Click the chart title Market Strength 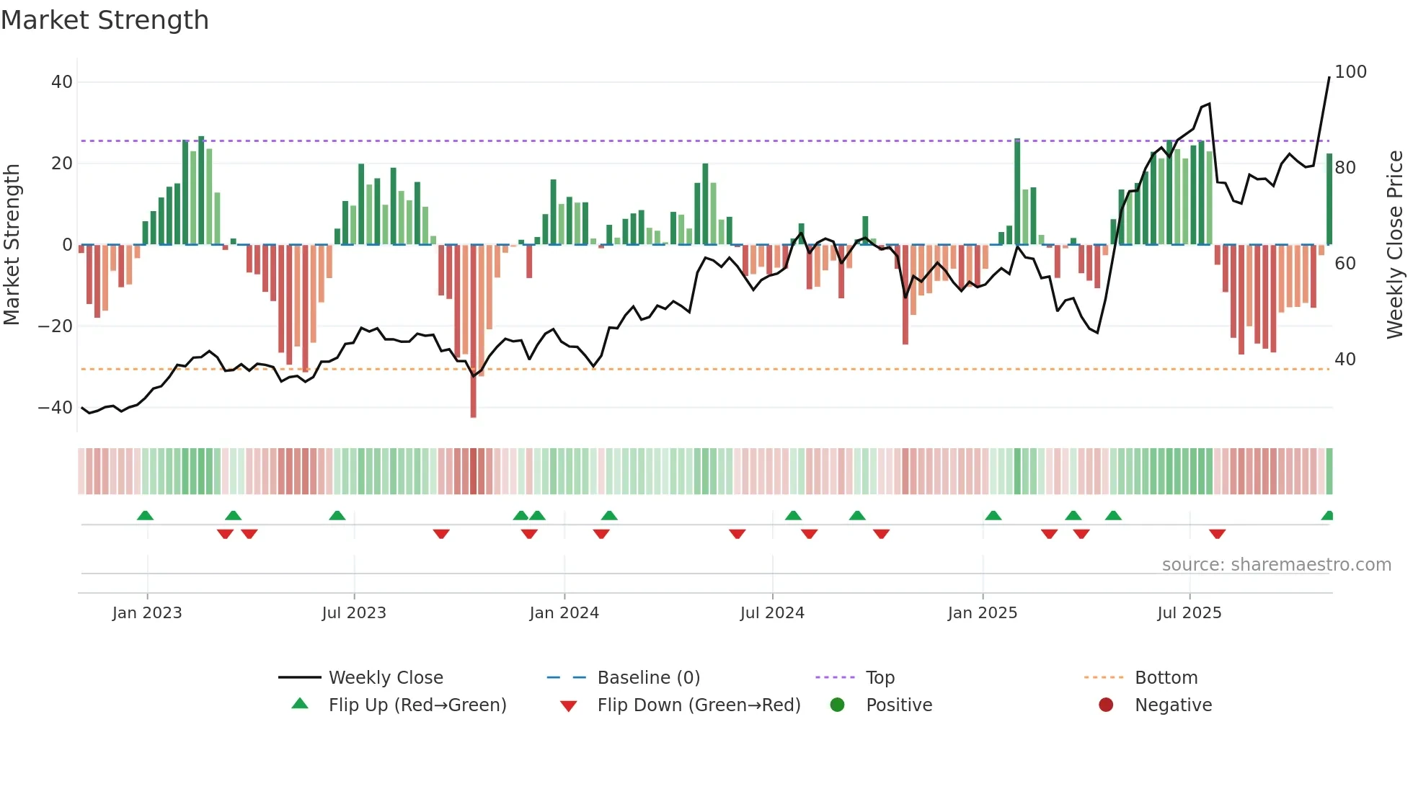point(105,20)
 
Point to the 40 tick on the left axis point(61,82)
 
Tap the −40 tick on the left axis point(56,408)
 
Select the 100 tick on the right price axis point(1350,72)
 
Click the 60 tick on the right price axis point(1345,264)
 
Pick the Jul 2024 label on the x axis point(771,613)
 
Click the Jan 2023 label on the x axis point(147,613)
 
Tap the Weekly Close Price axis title point(1395,245)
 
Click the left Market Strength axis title point(12,245)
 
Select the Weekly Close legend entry point(385,678)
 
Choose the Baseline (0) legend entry point(648,678)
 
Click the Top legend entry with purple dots point(880,678)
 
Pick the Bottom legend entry point(1166,678)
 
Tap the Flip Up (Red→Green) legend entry point(417,705)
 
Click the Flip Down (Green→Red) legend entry point(698,705)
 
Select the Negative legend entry point(1172,705)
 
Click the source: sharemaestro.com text point(1276,565)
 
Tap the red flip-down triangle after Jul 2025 point(1217,534)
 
